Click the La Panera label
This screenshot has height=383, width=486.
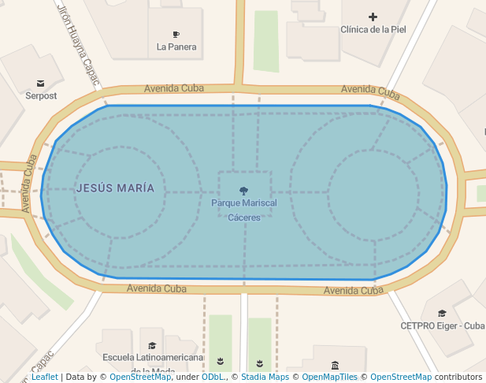click(176, 46)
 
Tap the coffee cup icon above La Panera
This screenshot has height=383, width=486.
click(176, 34)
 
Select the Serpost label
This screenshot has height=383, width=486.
click(41, 95)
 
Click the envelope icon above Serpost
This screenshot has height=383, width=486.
click(40, 83)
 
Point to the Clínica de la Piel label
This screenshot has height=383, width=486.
click(373, 30)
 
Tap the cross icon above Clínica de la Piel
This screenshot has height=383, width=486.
click(373, 17)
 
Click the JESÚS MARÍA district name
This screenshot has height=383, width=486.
click(121, 188)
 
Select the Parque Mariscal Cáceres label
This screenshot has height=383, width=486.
click(244, 210)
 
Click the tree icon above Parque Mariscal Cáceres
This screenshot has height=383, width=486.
click(244, 190)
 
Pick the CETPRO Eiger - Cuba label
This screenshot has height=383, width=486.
click(443, 325)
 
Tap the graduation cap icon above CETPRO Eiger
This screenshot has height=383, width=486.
click(442, 313)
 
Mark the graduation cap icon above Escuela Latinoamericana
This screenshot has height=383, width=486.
click(151, 345)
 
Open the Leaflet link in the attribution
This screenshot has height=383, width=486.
click(45, 377)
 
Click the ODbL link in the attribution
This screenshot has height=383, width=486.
click(213, 377)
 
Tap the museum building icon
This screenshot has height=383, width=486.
click(336, 365)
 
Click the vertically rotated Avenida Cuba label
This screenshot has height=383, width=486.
click(30, 183)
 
